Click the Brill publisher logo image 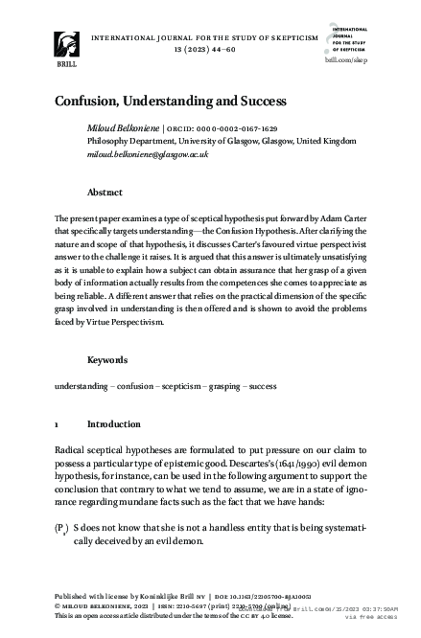pos(69,44)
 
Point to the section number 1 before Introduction pos(58,423)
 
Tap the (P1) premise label pos(62,529)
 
